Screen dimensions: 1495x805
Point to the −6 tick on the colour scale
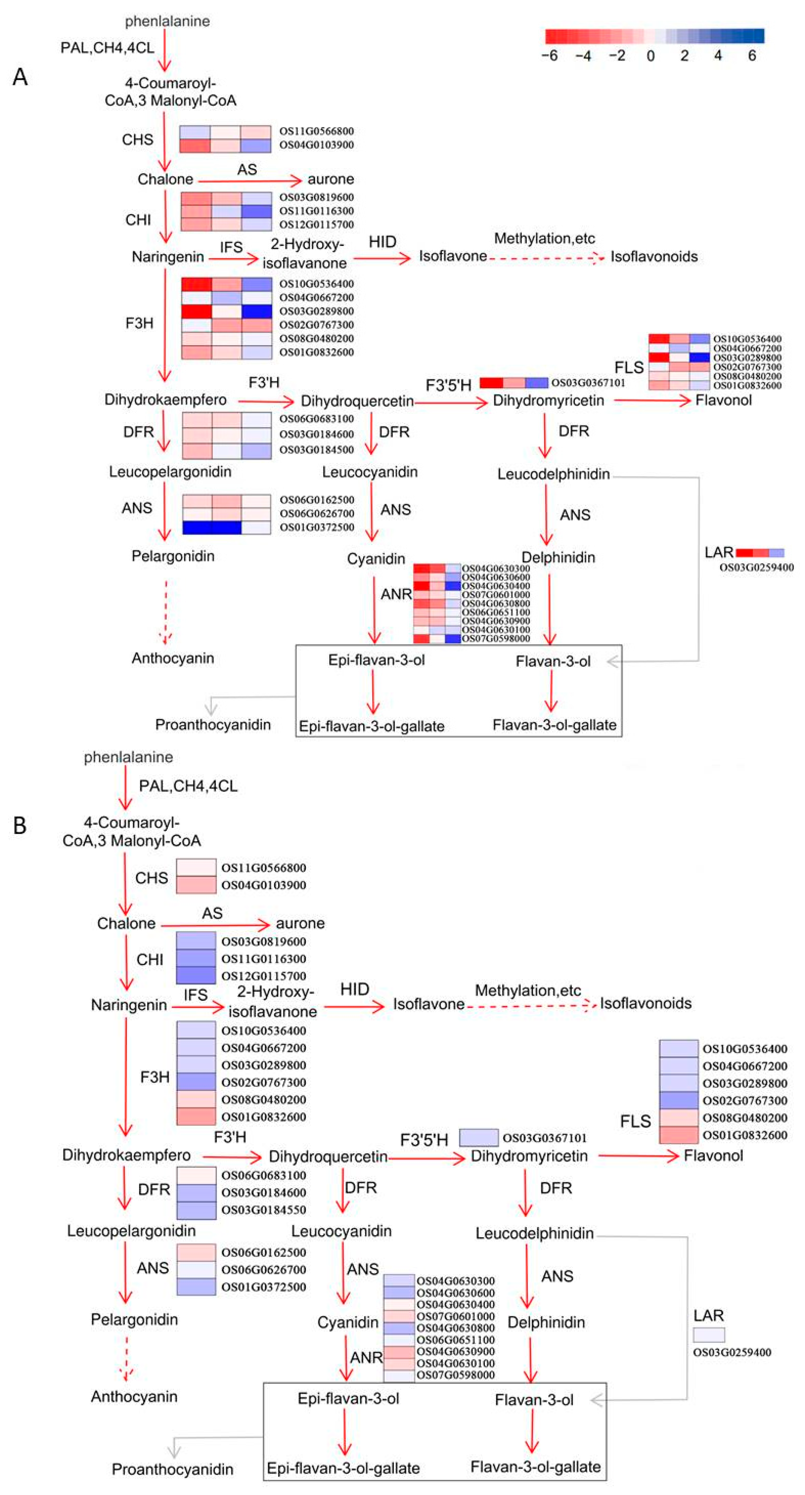tap(549, 56)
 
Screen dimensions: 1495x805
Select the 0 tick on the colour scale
tap(651, 56)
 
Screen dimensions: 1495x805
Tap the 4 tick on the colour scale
tap(718, 56)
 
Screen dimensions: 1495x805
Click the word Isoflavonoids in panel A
tap(654, 257)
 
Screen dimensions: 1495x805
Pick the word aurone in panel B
tap(300, 923)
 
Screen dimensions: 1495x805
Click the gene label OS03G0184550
tap(264, 1210)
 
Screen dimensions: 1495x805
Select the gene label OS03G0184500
tap(317, 450)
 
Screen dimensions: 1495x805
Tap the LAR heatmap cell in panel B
tap(709, 1335)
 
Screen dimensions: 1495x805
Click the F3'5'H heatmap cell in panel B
tap(478, 1137)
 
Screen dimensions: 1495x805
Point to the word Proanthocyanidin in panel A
tap(213, 725)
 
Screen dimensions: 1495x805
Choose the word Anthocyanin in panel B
tap(134, 1396)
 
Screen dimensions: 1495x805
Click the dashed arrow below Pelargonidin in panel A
tap(166, 612)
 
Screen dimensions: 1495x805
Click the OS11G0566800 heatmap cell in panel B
tap(196, 868)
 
